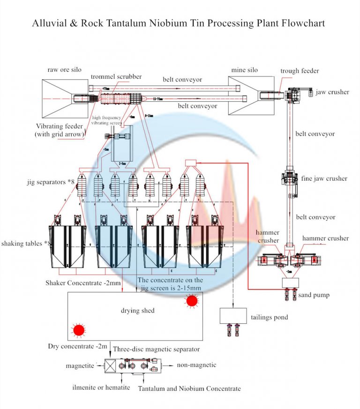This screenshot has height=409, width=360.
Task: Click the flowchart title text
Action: [178, 23]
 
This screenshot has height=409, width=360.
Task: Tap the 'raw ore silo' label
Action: [64, 70]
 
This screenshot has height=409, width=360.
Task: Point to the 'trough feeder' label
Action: [300, 71]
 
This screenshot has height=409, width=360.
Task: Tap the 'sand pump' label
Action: [314, 295]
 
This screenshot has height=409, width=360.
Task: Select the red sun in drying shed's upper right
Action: [192, 301]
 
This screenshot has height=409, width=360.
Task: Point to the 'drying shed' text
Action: [138, 311]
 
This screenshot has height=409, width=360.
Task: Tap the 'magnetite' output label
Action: [81, 365]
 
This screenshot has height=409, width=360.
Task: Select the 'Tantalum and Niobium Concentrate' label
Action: [189, 388]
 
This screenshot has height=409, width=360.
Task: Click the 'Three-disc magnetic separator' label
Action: [156, 349]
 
